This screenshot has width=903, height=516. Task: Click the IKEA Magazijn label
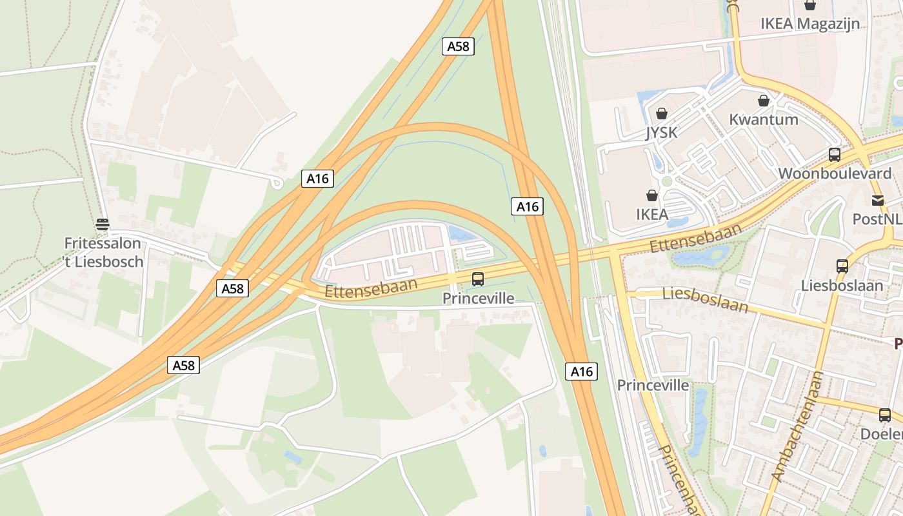(810, 24)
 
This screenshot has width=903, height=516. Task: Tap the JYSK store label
(661, 133)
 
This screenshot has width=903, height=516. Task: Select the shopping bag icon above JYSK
(661, 114)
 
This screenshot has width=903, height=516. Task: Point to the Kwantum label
(763, 119)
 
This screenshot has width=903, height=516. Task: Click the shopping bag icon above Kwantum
(764, 101)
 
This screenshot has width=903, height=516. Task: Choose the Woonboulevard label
(835, 173)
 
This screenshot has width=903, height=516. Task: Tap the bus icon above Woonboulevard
(835, 155)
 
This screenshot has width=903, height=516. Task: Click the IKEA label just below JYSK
(652, 214)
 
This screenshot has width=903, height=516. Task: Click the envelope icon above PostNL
(878, 200)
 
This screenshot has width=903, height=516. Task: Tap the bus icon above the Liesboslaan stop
(842, 266)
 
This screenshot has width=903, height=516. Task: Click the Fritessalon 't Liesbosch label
(103, 252)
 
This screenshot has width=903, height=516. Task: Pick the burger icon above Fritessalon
(103, 224)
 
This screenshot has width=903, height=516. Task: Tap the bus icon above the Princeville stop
(478, 279)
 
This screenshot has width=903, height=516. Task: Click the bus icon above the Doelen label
(885, 415)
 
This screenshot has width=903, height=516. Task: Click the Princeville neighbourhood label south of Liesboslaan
(653, 386)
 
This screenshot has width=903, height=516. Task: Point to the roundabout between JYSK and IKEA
(667, 182)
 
